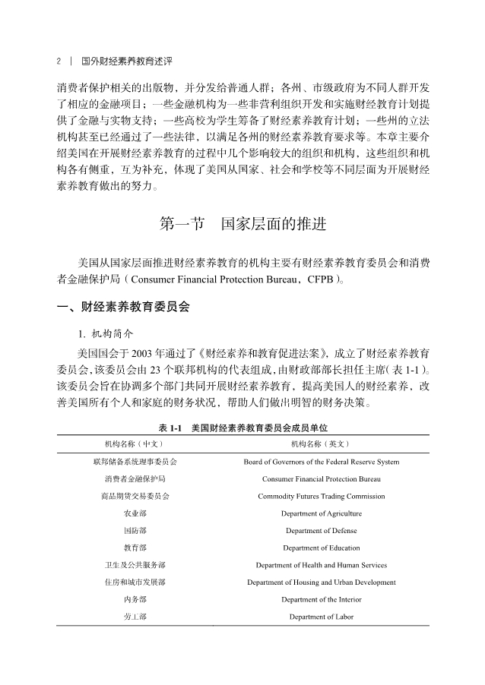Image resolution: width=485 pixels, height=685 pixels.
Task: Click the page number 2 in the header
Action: click(x=59, y=59)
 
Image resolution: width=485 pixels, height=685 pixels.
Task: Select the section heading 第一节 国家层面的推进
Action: click(x=243, y=225)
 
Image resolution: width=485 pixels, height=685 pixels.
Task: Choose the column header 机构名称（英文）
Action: click(x=321, y=444)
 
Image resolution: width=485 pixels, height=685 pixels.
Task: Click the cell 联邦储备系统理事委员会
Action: click(x=135, y=462)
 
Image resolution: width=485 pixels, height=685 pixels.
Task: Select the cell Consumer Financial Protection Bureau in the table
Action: click(x=321, y=479)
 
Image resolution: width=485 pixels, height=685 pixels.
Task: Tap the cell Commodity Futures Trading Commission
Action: click(x=321, y=497)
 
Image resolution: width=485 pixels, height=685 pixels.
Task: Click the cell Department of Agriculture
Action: click(x=321, y=514)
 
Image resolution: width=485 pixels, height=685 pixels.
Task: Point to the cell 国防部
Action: click(x=135, y=531)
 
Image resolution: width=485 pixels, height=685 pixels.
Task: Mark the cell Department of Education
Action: click(x=321, y=548)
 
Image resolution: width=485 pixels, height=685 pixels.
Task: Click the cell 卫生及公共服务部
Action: click(x=135, y=565)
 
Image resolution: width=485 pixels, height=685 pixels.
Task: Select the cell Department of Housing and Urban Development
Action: click(x=321, y=582)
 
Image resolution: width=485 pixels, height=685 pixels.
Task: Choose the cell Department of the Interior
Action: click(x=321, y=600)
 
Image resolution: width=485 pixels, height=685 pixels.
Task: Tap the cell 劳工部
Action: click(x=135, y=617)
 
